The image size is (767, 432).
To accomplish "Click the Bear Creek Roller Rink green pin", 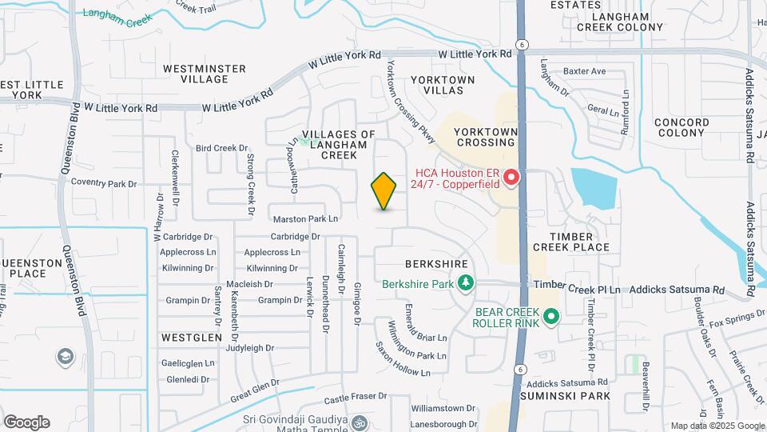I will [550, 318].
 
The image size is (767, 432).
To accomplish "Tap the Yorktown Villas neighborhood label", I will [443, 86].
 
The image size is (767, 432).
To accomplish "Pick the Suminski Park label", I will [565, 396].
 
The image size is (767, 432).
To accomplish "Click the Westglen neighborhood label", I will [191, 338].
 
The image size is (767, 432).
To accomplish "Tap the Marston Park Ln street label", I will [306, 218].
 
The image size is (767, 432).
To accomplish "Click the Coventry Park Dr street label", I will [105, 183].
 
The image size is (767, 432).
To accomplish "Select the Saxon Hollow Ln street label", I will [403, 362].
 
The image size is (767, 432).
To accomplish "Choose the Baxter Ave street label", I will [585, 71].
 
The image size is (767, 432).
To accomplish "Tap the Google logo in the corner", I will [26, 422].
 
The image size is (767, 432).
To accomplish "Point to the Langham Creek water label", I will [117, 18].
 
